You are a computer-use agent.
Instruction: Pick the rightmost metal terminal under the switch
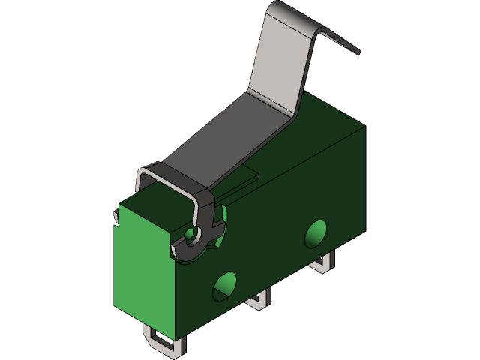[x=325, y=262]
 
